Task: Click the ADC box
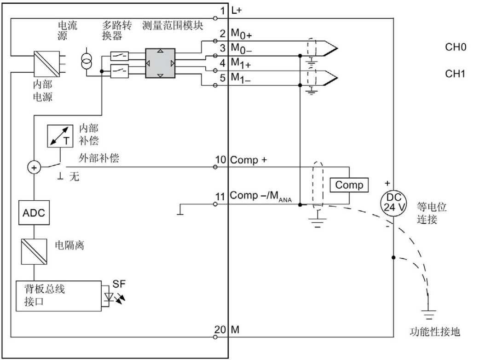click(34, 214)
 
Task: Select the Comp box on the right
click(349, 185)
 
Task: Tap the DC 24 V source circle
click(393, 203)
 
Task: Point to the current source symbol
click(85, 61)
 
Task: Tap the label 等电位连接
click(431, 213)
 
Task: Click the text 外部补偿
click(98, 159)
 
